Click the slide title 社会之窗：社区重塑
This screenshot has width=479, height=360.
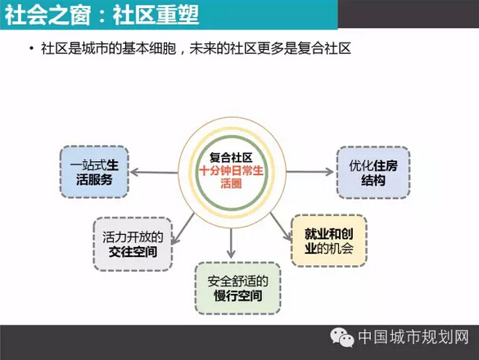(102, 15)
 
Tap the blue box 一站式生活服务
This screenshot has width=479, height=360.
(94, 172)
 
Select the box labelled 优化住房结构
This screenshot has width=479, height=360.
(373, 173)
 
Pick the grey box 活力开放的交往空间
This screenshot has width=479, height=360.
(133, 244)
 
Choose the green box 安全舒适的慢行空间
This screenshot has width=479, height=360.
(237, 288)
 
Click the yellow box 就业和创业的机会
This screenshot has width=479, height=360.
(329, 241)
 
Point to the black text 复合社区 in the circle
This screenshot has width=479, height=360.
(231, 158)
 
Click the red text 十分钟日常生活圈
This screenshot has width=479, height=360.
(231, 177)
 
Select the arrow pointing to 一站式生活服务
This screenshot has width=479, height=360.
(154, 172)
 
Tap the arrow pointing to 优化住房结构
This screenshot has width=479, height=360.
(310, 172)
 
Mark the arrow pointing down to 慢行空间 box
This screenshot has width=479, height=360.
(231, 243)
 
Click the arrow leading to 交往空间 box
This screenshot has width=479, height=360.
(183, 228)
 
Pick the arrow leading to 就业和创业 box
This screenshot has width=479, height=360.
(281, 227)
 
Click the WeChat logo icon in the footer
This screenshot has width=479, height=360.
(342, 337)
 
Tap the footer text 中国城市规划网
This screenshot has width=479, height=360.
(413, 337)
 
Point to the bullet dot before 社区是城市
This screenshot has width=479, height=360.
(31, 48)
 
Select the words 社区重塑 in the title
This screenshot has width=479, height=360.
(156, 15)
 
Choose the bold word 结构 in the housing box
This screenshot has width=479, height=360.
(373, 180)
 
